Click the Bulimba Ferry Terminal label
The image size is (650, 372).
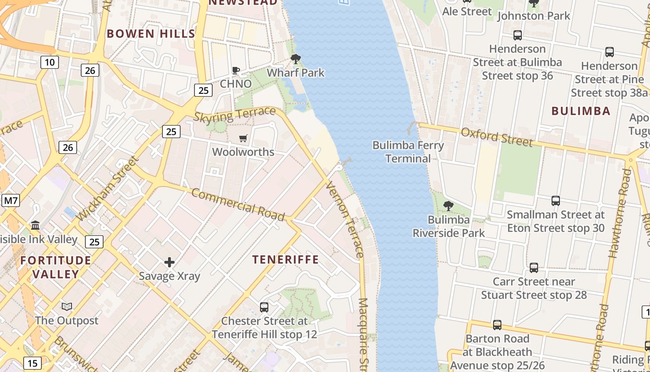point(408,152)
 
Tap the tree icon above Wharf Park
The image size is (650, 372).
point(295,59)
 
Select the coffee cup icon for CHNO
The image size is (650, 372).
point(236,70)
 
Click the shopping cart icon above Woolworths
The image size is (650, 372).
point(243,138)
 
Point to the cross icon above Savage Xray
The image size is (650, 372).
point(169,262)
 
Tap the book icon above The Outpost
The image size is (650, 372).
point(67,307)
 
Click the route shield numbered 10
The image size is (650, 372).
point(49,62)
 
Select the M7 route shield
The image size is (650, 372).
point(11,201)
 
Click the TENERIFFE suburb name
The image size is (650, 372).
point(286,259)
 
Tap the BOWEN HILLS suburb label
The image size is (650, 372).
point(151,33)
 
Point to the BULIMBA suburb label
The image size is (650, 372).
point(581,111)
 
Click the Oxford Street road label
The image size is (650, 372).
point(496,137)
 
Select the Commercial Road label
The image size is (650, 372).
point(238,205)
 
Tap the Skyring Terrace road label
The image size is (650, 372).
point(234,114)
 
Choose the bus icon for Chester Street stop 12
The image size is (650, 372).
point(264,307)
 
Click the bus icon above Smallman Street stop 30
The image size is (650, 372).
point(556,201)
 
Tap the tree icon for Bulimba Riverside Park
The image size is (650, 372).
point(448,206)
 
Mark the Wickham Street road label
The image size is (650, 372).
point(107,189)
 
